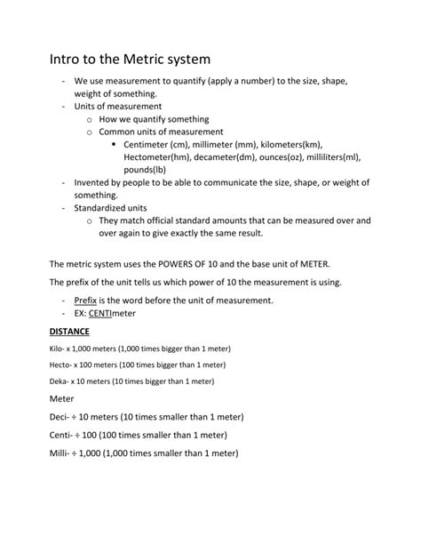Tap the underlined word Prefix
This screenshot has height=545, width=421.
tap(86, 301)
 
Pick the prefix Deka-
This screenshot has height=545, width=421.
tap(60, 381)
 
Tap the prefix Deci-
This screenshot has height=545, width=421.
tap(60, 415)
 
